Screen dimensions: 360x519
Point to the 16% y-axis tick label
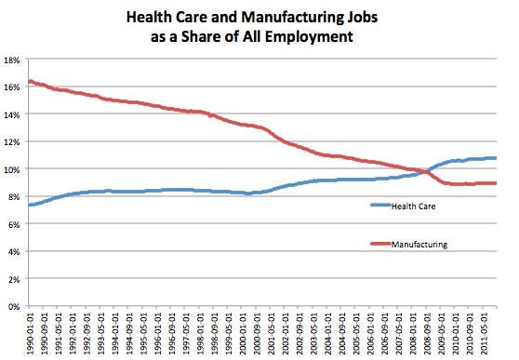pyautogui.click(x=13, y=87)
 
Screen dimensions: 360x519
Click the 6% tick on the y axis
pyautogui.click(x=15, y=223)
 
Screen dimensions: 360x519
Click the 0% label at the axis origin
pyautogui.click(x=15, y=305)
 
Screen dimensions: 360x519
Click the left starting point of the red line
pyautogui.click(x=31, y=81)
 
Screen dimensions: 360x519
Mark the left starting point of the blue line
pyautogui.click(x=31, y=205)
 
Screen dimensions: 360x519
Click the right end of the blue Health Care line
pyautogui.click(x=497, y=158)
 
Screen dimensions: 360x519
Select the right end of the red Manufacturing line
pyautogui.click(x=497, y=183)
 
